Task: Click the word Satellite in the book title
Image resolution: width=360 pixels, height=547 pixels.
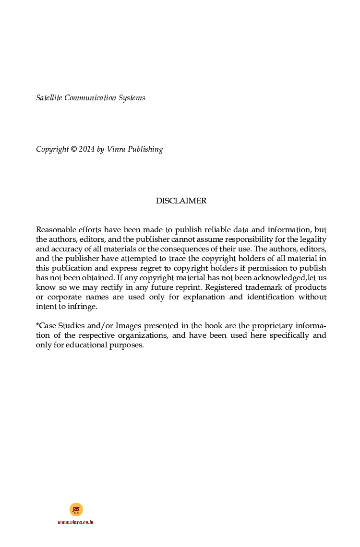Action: pyautogui.click(x=49, y=98)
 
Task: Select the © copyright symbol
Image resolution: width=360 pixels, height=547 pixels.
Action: pyautogui.click(x=73, y=149)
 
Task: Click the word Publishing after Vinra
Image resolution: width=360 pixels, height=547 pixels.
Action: pyautogui.click(x=147, y=149)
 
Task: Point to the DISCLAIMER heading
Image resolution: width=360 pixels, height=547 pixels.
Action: pyautogui.click(x=181, y=201)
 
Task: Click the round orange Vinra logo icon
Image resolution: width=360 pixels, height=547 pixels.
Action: pyautogui.click(x=76, y=509)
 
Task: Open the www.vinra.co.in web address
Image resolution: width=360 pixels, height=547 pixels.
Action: pyautogui.click(x=75, y=522)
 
